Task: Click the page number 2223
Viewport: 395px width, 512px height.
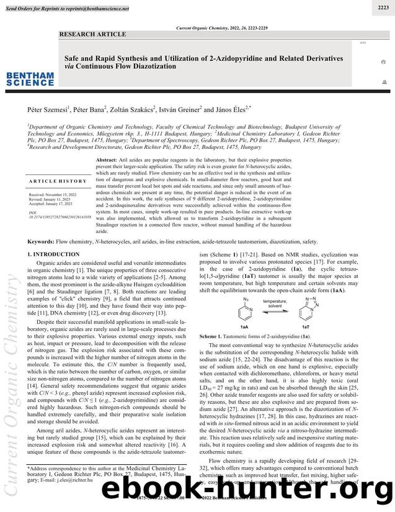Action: (383, 7)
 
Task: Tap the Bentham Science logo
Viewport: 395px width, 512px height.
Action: (30, 79)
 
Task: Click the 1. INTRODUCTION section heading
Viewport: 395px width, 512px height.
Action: (54, 237)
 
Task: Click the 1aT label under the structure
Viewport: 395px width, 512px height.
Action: (305, 326)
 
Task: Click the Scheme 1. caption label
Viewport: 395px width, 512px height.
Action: (216, 336)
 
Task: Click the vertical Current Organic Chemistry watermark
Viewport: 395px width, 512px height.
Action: (12, 385)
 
